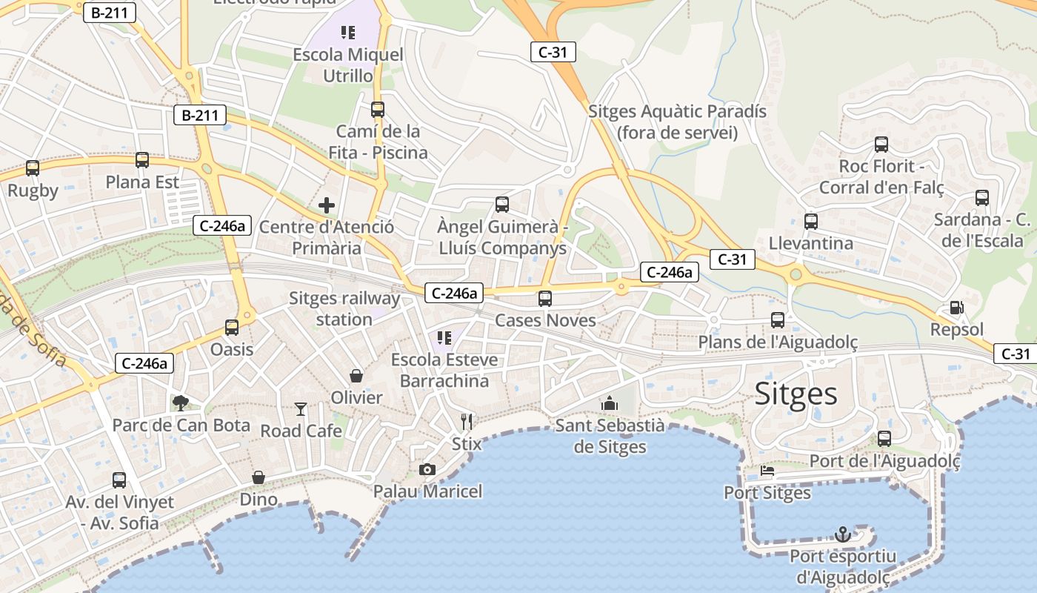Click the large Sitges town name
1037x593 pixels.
coord(796,394)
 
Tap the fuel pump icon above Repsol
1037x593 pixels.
coord(956,308)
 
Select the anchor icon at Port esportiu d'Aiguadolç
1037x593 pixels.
coord(842,534)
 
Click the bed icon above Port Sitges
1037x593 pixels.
coord(767,471)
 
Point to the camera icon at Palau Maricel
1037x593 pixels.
coord(427,469)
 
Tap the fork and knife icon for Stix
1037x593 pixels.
coord(467,422)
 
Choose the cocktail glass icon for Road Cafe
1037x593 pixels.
coord(300,408)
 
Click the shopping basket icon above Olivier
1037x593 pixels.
coord(356,376)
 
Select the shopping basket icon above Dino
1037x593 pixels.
coord(259,477)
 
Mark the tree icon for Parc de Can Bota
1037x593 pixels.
coord(180,403)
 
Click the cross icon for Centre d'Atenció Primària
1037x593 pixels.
coord(326,205)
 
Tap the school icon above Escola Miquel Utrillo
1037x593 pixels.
coord(348,33)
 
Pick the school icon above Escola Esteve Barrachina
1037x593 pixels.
coord(444,338)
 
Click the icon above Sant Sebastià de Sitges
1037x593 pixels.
coord(610,403)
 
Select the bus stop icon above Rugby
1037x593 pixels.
coord(33,168)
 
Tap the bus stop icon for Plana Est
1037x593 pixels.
coord(142,160)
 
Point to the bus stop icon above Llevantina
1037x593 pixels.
coord(811,221)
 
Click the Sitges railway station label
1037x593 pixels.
coord(344,309)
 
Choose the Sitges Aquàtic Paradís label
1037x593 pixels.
coord(677,122)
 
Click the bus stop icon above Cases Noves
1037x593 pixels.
coord(545,299)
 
